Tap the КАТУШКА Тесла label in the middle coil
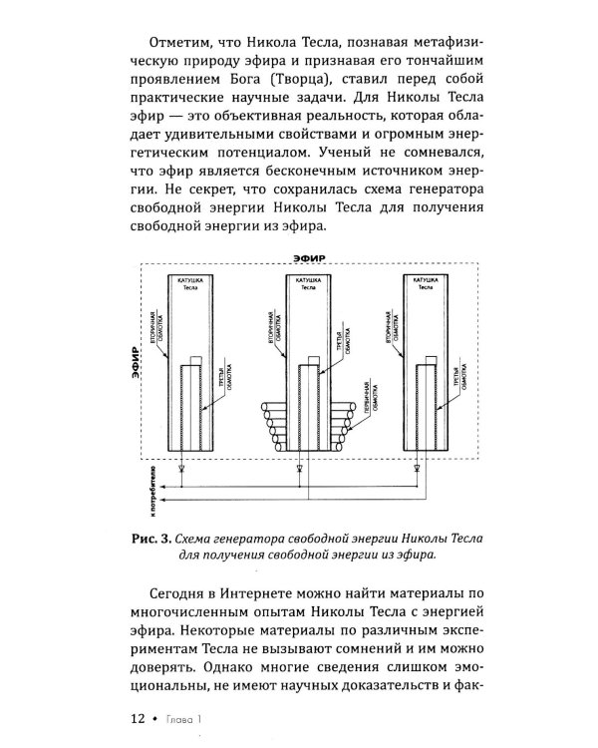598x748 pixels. point(309,282)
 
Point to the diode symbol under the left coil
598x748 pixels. point(179,467)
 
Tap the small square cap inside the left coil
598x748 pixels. point(193,361)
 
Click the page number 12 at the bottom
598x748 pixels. point(137,716)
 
